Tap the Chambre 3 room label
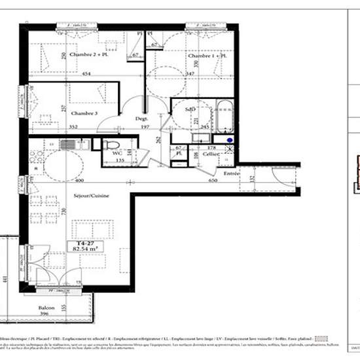tap(83, 113)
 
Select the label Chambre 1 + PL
tap(207, 56)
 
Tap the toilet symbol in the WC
tap(112, 145)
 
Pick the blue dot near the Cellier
tap(230, 139)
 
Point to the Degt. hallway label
tap(141, 118)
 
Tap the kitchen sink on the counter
tap(67, 144)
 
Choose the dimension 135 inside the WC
tap(120, 159)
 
